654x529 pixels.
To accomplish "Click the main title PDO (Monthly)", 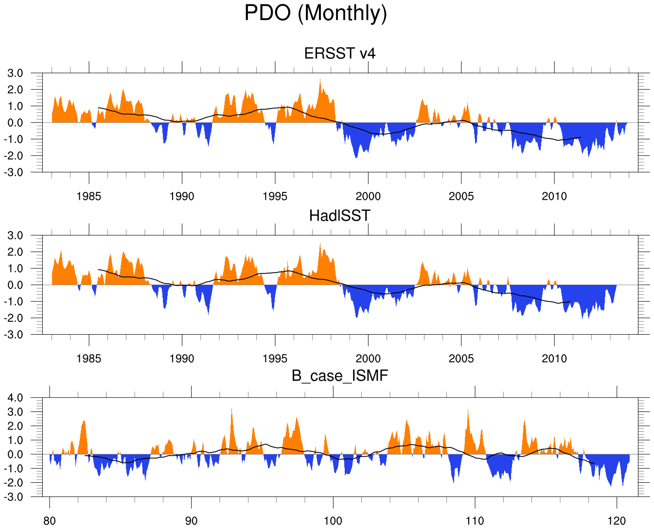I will (316, 13).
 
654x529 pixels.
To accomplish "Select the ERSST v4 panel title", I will (340, 53).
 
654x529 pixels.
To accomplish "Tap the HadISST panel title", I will (340, 215).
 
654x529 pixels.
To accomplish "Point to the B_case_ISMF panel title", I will (340, 375).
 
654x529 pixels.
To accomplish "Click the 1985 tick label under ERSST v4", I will (89, 196).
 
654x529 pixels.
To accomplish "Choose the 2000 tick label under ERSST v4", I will (368, 196).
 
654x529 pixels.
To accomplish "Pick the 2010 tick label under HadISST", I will (554, 358).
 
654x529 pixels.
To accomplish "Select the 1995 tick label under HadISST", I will (275, 358).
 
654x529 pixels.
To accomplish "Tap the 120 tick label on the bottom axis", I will (617, 521).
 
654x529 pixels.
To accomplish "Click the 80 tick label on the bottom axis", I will (50, 521).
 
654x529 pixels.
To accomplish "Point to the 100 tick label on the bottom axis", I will (333, 521).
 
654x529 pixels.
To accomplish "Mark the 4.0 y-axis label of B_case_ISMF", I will (15, 398).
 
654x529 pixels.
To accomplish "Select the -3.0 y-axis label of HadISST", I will (14, 335).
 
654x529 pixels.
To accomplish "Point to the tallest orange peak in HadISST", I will (320, 243).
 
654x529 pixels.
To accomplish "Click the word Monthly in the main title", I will (342, 13).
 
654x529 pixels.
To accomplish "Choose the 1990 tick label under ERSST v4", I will (182, 196).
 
